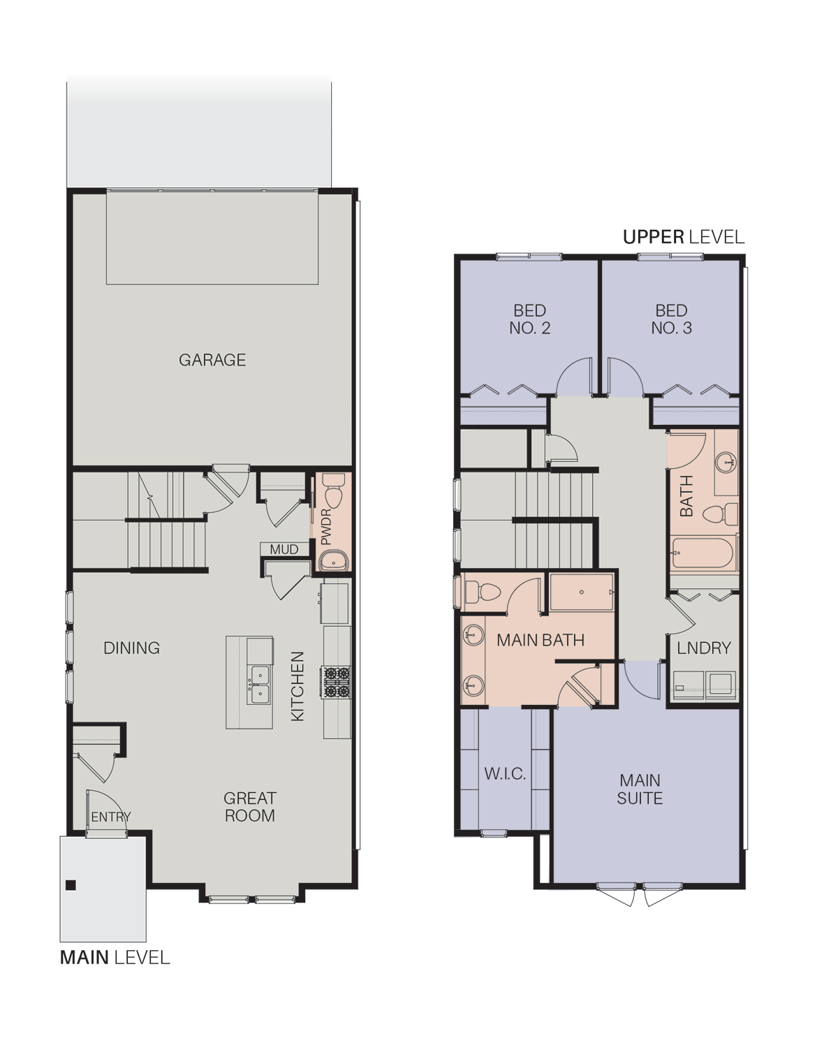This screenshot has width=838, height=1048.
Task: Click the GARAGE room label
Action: coord(212,360)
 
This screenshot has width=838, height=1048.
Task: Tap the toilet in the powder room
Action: coord(333,490)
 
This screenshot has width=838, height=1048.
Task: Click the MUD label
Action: coord(284,549)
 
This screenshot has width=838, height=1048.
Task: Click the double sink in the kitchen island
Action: coord(260,684)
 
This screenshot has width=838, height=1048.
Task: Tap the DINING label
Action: coord(131,648)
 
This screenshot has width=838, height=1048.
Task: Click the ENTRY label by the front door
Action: coord(110,817)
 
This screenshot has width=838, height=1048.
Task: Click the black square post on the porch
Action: coord(71,885)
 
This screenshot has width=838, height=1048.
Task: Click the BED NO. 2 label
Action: coord(530,319)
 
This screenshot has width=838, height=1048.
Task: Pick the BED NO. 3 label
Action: coord(672,319)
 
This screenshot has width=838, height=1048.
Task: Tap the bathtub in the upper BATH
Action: coord(703,553)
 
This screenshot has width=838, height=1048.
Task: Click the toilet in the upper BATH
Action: coord(721,514)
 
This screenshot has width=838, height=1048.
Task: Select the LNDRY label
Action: coord(704,648)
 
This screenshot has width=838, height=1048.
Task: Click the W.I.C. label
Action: coord(505,773)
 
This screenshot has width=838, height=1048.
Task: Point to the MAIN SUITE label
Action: coord(640,789)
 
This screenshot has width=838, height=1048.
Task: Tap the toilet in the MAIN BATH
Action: coord(483,592)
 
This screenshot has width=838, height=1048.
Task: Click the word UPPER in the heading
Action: coord(654,237)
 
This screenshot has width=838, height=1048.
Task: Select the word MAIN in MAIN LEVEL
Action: coord(84,957)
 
